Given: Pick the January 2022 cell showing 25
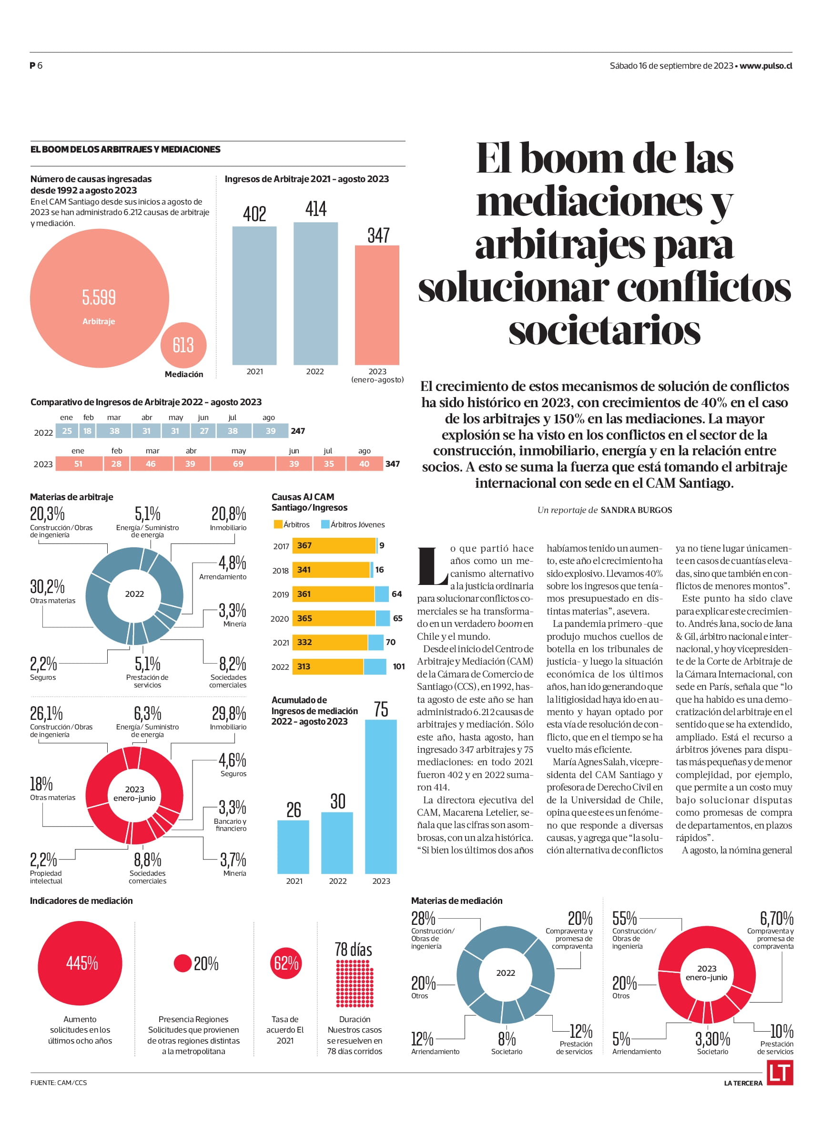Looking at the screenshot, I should (67, 430).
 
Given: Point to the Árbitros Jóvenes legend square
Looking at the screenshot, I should (325, 524).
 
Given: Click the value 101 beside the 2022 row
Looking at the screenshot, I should (398, 666).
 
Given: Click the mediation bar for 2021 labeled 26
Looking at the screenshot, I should (293, 847).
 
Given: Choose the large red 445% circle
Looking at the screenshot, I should (80, 963).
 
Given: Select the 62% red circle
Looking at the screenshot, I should (286, 963).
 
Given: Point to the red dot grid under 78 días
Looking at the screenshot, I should (355, 983).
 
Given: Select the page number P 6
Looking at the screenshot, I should (36, 66).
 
